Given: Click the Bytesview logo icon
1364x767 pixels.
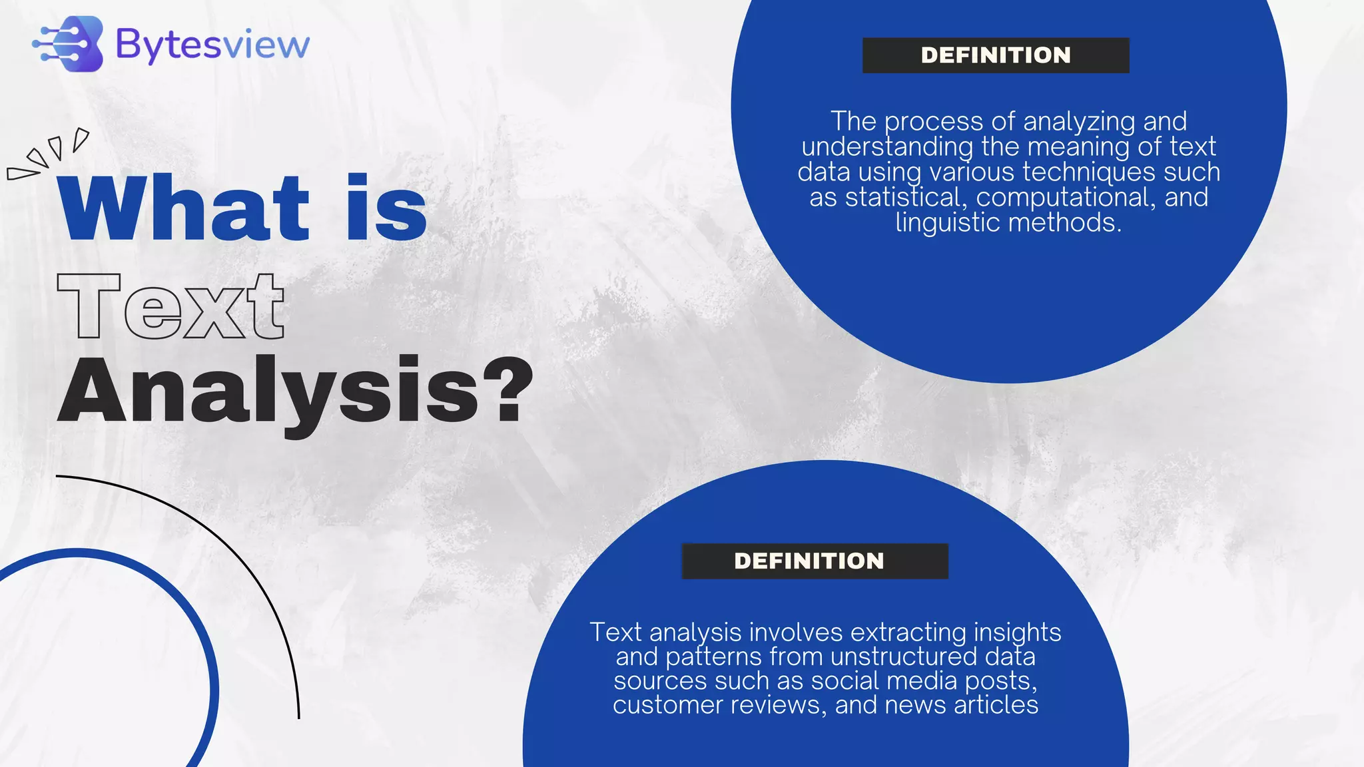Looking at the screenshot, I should [69, 43].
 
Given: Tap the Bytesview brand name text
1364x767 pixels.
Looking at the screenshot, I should [212, 45].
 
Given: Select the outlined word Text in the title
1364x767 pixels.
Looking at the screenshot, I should [171, 307].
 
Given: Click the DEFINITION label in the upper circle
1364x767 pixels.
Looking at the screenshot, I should [996, 55].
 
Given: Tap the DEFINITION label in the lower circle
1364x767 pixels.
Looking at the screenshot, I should [809, 561].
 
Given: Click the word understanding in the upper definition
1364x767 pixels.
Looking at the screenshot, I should [887, 147].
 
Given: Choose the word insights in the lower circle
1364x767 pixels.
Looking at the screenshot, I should [1017, 633].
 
